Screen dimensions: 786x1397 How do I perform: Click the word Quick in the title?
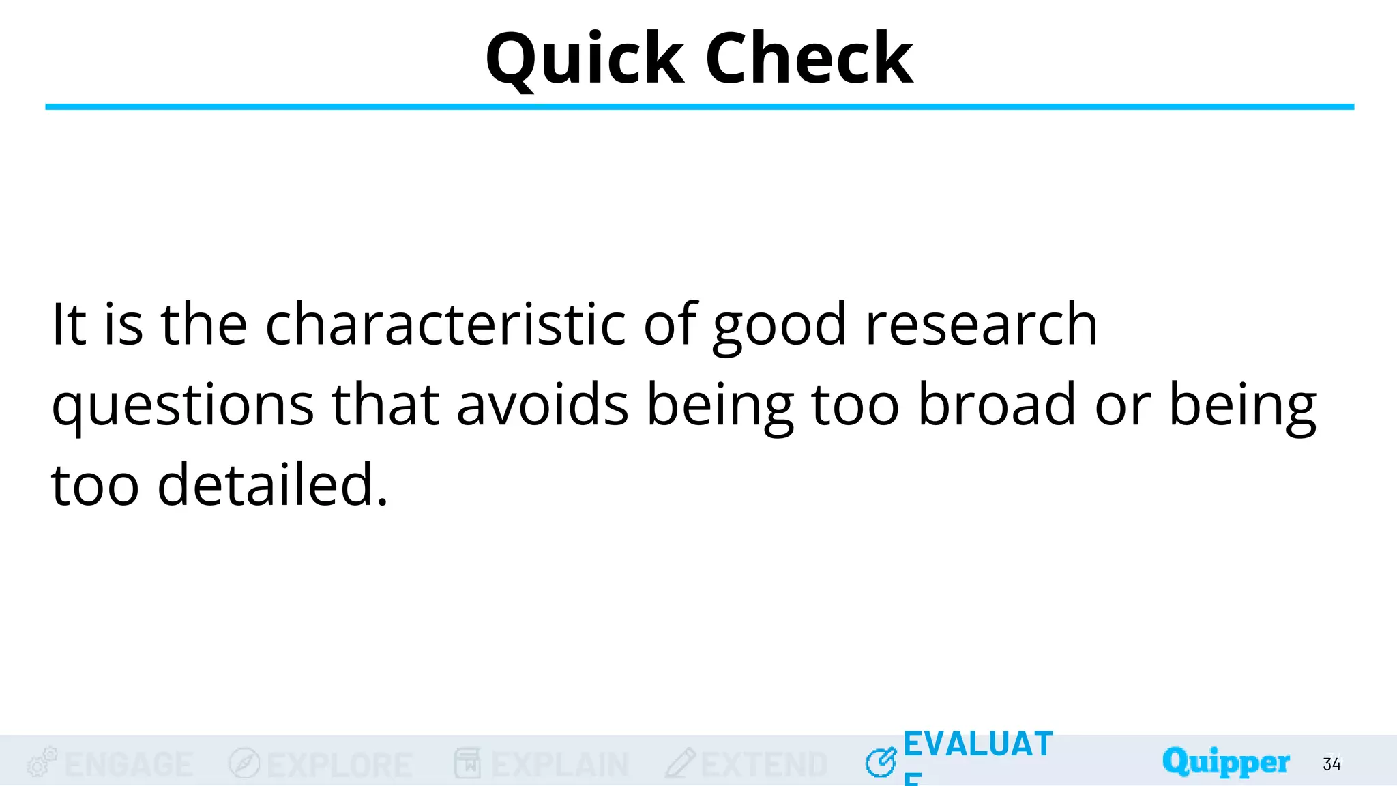585,60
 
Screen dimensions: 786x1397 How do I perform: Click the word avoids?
542,405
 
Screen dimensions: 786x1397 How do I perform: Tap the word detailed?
273,484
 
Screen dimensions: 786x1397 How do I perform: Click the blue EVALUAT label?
978,744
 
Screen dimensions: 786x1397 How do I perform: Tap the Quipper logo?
1226,762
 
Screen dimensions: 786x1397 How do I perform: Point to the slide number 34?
1332,764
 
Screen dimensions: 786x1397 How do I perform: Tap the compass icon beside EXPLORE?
244,763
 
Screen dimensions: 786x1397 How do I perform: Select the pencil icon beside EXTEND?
681,763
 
